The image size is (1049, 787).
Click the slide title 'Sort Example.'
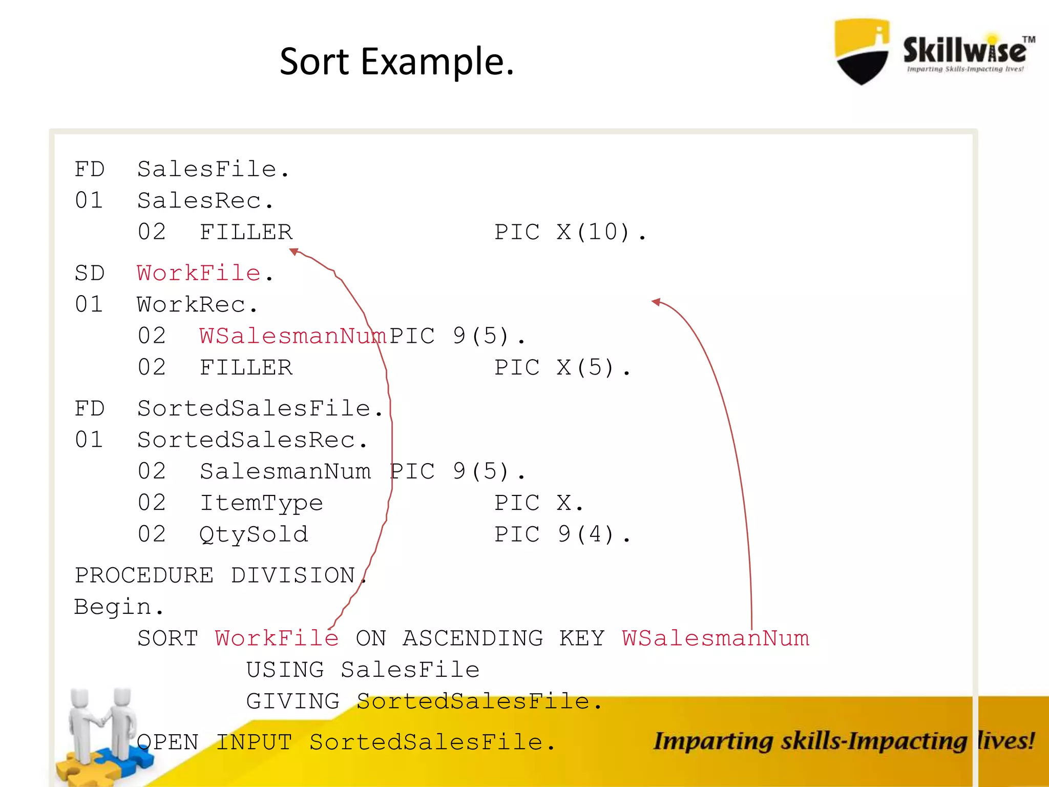[396, 61]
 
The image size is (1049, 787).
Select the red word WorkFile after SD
[199, 273]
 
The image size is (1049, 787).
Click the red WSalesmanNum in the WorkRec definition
[292, 336]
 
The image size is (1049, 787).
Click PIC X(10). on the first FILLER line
[570, 232]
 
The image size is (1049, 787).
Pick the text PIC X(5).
[562, 367]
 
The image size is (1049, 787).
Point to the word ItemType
[261, 503]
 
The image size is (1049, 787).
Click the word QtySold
[254, 534]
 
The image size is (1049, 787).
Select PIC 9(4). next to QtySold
[562, 534]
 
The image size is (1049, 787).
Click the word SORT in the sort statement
[168, 638]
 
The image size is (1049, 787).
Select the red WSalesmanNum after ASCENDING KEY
[715, 638]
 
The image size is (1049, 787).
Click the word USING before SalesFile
[285, 670]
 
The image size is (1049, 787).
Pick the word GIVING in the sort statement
[292, 701]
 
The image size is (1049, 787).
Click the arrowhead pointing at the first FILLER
[294, 251]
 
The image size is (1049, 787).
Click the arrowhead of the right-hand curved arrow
[656, 302]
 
